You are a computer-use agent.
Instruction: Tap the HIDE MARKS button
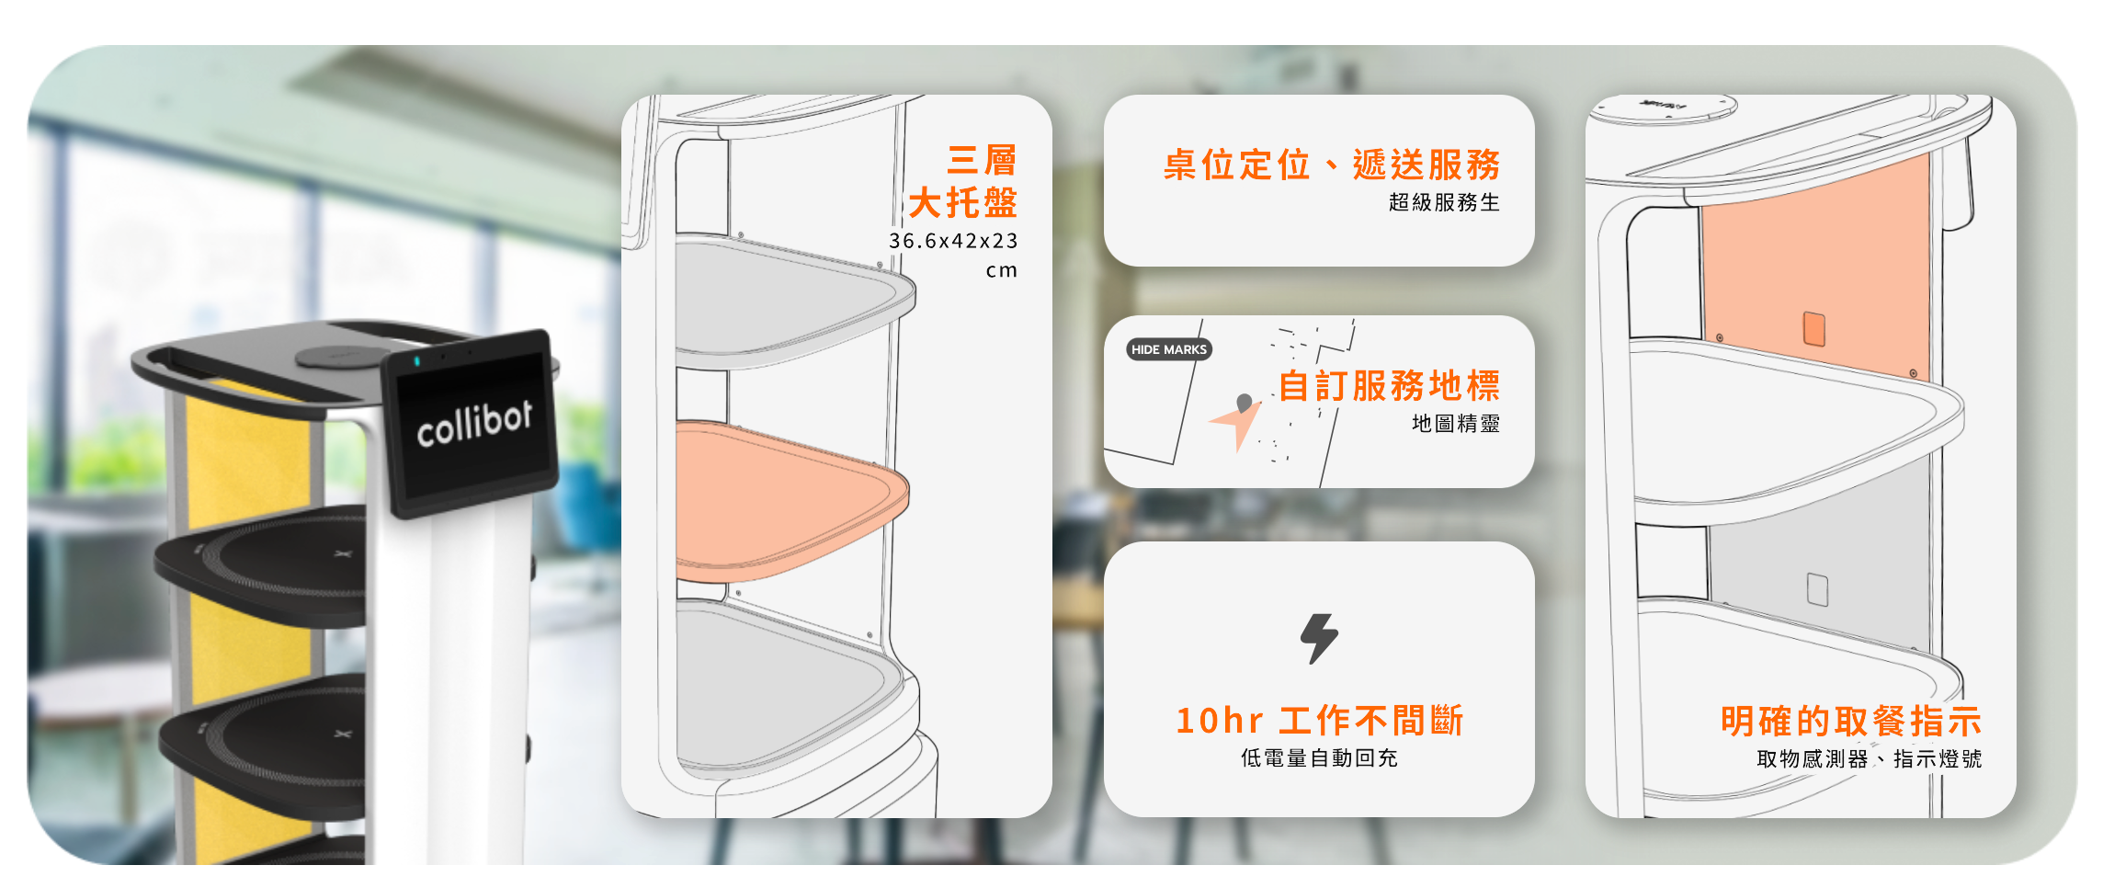tap(1168, 349)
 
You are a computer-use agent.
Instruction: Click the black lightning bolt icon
tap(1319, 638)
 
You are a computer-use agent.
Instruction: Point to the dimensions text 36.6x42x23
tap(953, 241)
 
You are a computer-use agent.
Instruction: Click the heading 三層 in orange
tap(982, 161)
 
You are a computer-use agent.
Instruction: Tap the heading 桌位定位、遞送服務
tap(1331, 165)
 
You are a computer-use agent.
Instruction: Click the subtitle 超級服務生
tap(1444, 202)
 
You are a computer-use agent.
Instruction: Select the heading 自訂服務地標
tap(1389, 386)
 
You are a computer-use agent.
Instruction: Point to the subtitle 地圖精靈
tap(1456, 424)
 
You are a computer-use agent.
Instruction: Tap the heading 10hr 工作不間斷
tap(1319, 721)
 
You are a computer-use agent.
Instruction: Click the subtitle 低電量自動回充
tap(1319, 758)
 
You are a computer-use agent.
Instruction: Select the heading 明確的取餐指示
tap(1850, 722)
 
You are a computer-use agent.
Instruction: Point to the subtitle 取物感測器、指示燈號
tap(1869, 759)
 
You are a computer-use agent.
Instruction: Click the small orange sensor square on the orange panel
tap(1813, 328)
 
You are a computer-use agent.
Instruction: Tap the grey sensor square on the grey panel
tap(1817, 589)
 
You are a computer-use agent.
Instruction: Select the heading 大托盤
tap(962, 203)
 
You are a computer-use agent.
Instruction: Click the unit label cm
tap(1001, 271)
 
